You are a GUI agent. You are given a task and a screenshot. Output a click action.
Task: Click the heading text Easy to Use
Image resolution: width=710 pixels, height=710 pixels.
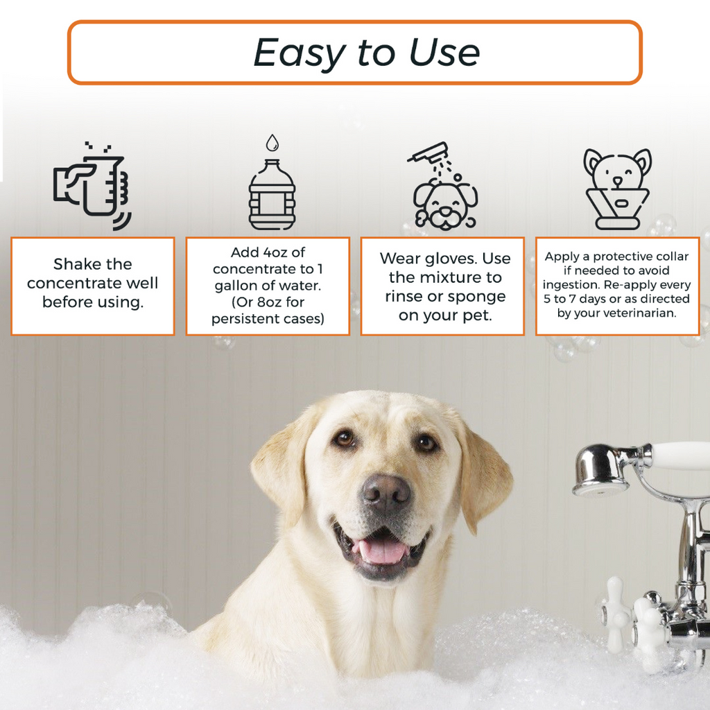[x=366, y=53]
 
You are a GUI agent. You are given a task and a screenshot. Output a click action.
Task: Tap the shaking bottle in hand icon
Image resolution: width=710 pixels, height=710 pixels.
[x=92, y=186]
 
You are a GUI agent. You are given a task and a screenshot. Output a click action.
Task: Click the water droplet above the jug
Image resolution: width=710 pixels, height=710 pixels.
[x=272, y=142]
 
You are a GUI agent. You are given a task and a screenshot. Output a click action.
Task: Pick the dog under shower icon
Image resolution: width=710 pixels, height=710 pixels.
[x=444, y=187]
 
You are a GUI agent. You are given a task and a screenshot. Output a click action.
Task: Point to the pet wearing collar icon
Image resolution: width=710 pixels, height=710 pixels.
[x=617, y=189]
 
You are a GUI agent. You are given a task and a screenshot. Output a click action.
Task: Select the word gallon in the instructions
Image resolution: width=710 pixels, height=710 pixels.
[x=236, y=286]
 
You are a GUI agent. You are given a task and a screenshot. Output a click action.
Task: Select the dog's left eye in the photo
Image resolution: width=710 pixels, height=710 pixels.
[x=344, y=438]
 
